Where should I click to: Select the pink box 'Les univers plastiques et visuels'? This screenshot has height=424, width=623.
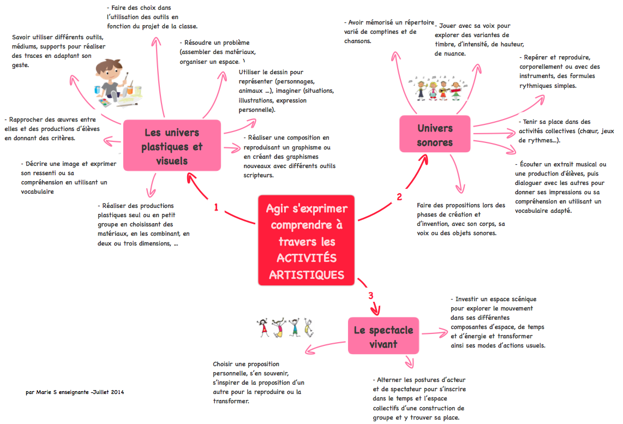point(172,146)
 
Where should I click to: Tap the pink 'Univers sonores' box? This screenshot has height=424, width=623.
point(435,135)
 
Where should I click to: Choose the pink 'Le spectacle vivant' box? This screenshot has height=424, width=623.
point(383,336)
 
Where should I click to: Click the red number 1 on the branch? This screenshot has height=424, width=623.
point(217,208)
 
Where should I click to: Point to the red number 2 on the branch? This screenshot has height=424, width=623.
point(399,196)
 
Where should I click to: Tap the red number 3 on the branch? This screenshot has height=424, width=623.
point(370,296)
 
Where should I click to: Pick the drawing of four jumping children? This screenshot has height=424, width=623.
point(286,327)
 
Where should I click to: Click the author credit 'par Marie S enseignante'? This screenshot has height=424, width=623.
point(75,392)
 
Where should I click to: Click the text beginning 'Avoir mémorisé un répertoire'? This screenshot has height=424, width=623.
point(389,32)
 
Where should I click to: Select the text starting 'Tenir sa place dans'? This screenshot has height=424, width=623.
point(559,131)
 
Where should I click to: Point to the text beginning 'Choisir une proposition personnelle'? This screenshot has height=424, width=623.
point(258,382)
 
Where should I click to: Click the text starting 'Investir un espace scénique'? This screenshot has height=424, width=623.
point(497,322)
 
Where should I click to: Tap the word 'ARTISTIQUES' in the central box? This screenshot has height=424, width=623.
point(306,274)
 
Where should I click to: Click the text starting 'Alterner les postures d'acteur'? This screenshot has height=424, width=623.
point(419,398)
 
